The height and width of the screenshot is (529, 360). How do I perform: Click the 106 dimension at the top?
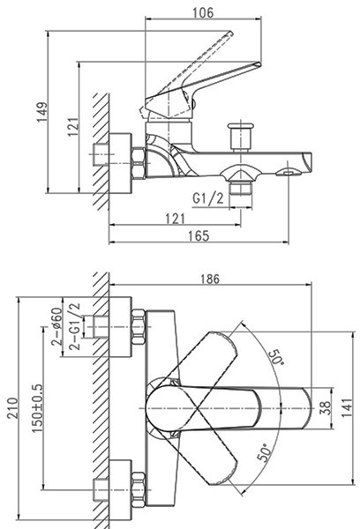(203, 13)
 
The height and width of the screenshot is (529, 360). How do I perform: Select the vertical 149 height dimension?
(42, 112)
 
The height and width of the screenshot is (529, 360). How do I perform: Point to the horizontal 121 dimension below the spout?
(176, 219)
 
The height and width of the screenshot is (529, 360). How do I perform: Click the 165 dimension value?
(199, 235)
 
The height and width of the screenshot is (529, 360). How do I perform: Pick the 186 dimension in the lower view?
(210, 279)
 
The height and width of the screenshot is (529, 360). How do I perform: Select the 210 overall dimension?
(13, 408)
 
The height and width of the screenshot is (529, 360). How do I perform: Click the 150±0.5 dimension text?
(37, 408)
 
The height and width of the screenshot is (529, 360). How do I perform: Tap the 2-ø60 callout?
(56, 326)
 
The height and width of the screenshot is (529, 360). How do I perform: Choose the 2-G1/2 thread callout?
(75, 326)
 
